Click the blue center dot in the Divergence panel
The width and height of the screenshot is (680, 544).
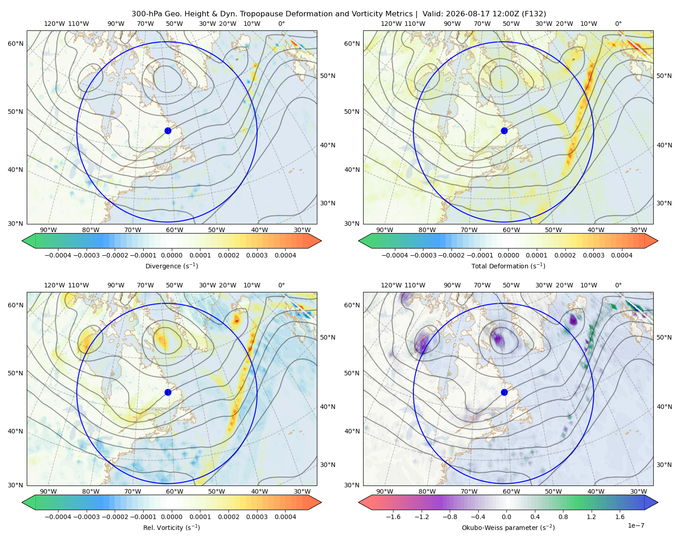tap(168, 131)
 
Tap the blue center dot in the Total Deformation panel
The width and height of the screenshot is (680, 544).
tap(504, 131)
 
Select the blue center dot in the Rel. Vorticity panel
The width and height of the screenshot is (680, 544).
tap(168, 392)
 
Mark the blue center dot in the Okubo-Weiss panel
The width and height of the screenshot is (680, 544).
tap(504, 392)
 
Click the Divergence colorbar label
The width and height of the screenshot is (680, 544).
tap(171, 266)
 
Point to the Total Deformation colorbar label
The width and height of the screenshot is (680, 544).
tap(508, 266)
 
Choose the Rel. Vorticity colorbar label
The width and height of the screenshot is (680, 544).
tap(171, 528)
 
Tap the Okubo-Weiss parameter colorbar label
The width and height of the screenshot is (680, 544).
tap(508, 528)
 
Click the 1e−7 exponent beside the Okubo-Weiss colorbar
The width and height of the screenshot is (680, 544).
tap(636, 525)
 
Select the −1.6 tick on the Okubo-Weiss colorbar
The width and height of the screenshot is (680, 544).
tap(393, 517)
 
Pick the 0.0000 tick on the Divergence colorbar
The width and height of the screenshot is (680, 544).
tap(171, 255)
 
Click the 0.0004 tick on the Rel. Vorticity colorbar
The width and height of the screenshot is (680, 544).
tap(285, 517)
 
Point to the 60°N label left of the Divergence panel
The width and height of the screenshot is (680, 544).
tap(15, 44)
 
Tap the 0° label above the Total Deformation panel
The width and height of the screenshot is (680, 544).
tap(618, 24)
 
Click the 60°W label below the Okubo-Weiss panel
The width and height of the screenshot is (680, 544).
tap(511, 491)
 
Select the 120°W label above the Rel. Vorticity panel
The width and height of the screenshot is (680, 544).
tap(54, 285)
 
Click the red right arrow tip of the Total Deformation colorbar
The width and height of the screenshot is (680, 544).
tap(657, 241)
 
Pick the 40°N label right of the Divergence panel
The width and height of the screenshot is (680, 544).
tap(328, 145)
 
